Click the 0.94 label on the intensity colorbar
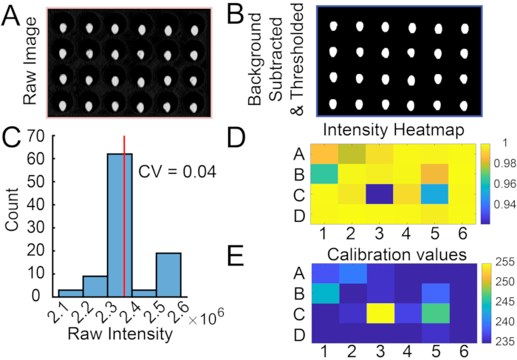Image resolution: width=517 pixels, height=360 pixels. [x=499, y=204]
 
